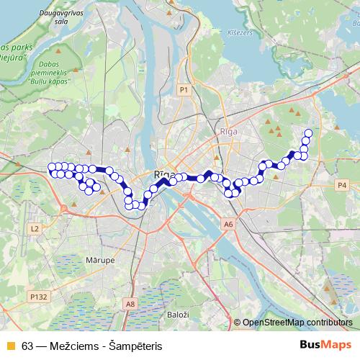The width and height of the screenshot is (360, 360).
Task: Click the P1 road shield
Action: (184, 89)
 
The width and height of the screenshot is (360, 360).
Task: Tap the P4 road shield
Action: (342, 185)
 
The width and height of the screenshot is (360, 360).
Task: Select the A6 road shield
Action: (229, 225)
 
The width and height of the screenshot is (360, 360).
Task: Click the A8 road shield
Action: (130, 305)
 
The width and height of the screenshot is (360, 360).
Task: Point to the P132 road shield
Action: (38, 296)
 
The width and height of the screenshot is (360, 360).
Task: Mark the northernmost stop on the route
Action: (308, 132)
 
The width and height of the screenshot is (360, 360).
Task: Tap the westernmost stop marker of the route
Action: (51, 167)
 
